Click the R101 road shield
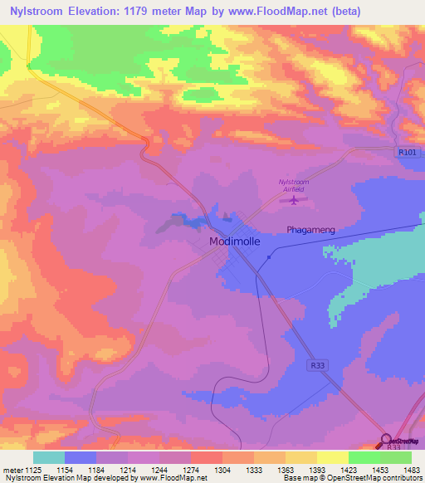click(405, 151)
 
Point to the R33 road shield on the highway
click(317, 363)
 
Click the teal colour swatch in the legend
click(49, 457)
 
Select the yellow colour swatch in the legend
click(332, 457)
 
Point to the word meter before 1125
click(12, 470)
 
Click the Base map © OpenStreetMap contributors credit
click(352, 479)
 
